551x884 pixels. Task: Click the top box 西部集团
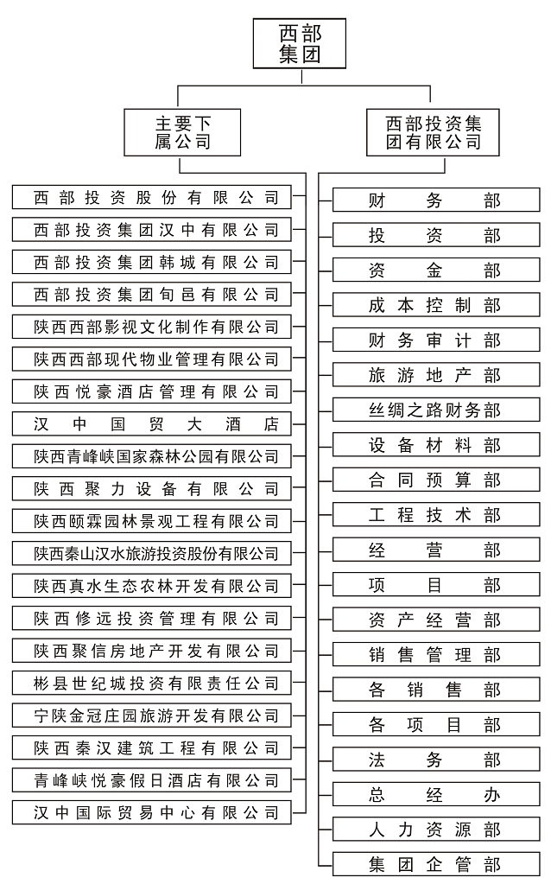click(300, 44)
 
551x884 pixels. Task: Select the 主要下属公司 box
click(182, 131)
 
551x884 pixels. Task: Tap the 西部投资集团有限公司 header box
click(434, 131)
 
